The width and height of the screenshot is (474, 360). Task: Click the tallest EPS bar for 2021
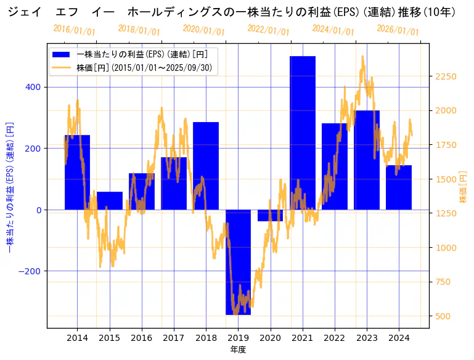click(x=302, y=133)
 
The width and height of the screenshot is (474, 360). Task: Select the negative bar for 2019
click(x=238, y=262)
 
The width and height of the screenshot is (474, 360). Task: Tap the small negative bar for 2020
click(x=270, y=215)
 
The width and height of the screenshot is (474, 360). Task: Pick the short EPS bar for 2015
click(x=110, y=201)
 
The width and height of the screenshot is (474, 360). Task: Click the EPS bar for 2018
click(x=206, y=166)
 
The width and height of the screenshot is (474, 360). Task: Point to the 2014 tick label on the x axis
click(x=77, y=338)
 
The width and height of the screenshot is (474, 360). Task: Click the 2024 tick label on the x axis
click(x=399, y=338)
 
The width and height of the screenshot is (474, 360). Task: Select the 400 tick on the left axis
click(x=33, y=87)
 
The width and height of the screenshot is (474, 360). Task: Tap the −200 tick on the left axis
click(x=30, y=271)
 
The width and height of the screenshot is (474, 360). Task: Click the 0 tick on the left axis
click(x=39, y=210)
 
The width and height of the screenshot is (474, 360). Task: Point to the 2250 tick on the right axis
click(x=446, y=76)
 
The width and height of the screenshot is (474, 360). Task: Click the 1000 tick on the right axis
click(x=446, y=248)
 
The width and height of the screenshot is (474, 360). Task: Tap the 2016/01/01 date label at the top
click(x=74, y=30)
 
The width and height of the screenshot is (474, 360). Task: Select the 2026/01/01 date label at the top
click(x=398, y=30)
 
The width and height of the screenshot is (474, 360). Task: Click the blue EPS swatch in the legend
click(x=62, y=54)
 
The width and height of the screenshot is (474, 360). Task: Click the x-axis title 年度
click(x=238, y=350)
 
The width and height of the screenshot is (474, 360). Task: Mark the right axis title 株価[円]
click(x=463, y=187)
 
